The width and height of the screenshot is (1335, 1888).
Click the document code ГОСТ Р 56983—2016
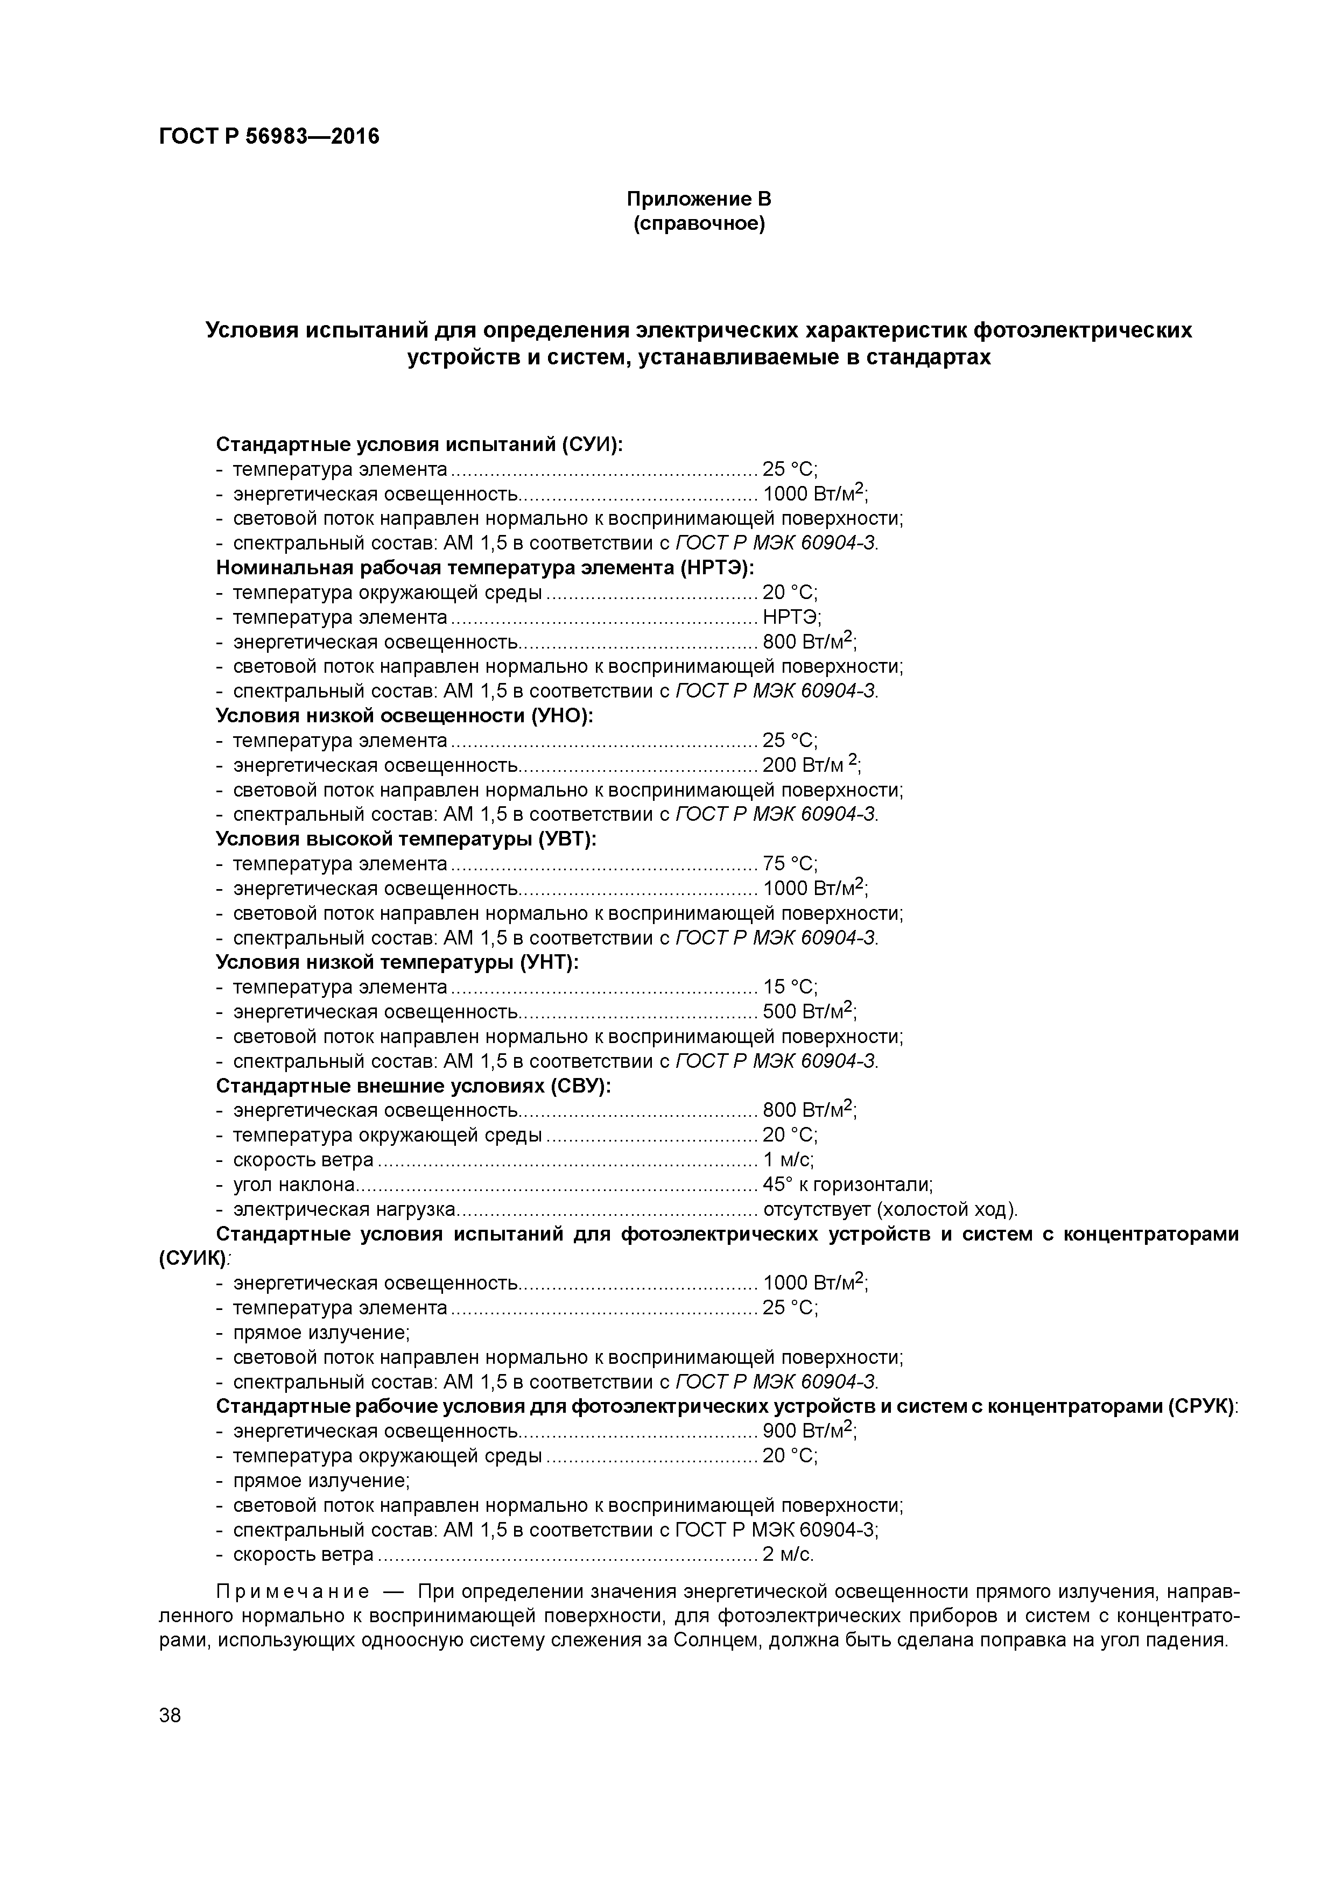(269, 137)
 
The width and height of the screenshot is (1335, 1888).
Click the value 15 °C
(790, 987)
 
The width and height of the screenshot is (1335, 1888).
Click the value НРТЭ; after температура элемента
(791, 617)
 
